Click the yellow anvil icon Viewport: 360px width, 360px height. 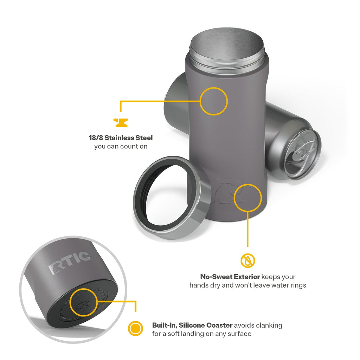click(121, 123)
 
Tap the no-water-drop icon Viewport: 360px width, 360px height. click(248, 261)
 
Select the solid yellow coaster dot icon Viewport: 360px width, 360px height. click(135, 328)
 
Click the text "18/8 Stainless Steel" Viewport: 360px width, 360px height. click(121, 138)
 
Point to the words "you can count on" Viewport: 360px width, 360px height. click(121, 147)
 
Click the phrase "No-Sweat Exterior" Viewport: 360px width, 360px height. click(230, 277)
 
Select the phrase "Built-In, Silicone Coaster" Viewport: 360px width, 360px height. click(192, 325)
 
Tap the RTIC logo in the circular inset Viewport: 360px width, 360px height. click(69, 263)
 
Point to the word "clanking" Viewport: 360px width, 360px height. click(269, 325)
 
